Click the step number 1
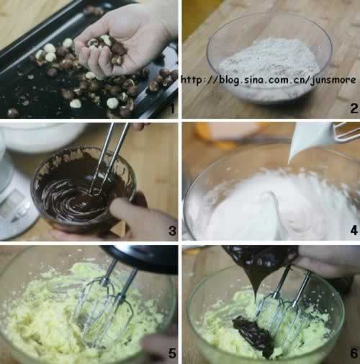coord(172,109)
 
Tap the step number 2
coord(354,109)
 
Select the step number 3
coord(172,231)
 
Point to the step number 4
coord(354,231)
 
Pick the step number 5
coord(172,353)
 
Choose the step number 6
coord(354,353)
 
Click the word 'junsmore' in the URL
coord(333,80)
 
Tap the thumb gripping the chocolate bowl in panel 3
coord(135,211)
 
